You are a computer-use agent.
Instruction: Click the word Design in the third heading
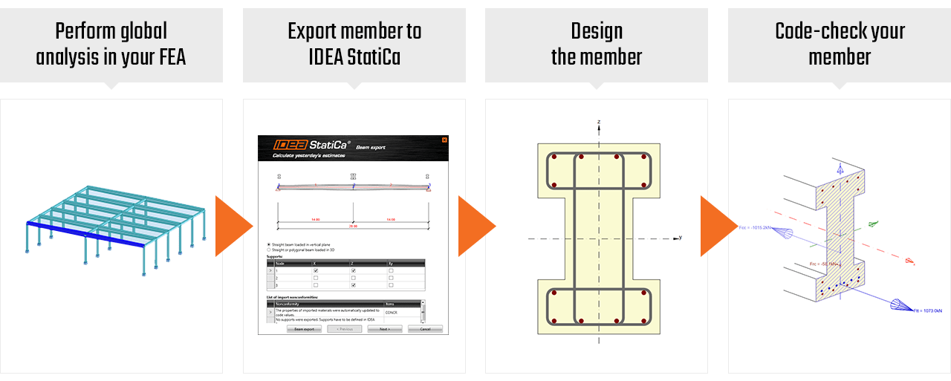click(x=597, y=31)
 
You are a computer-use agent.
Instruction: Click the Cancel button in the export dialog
click(x=425, y=328)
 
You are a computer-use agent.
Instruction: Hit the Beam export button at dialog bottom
click(x=303, y=328)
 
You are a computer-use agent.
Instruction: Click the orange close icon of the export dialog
click(x=444, y=140)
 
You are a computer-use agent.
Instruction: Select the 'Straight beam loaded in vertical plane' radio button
click(x=268, y=244)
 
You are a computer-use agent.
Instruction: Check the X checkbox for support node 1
click(x=315, y=270)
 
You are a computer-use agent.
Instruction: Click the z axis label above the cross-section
click(x=599, y=121)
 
